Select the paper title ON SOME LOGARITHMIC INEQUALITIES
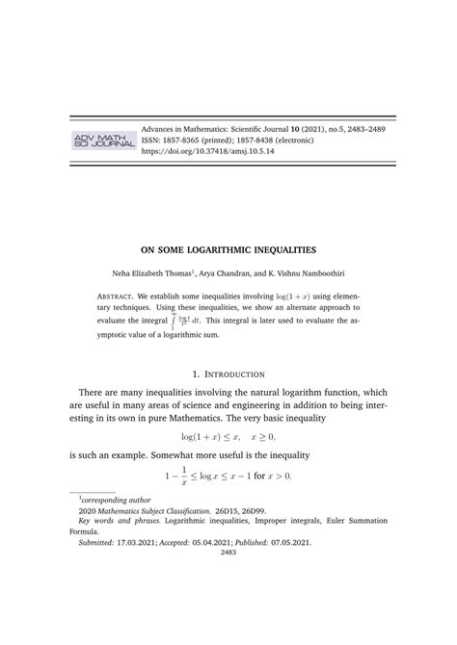[x=228, y=247]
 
